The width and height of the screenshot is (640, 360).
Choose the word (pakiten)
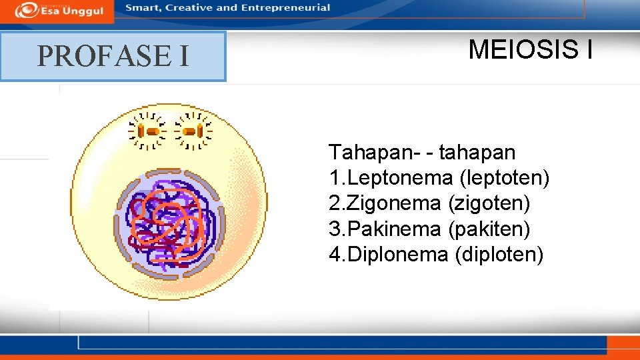490,229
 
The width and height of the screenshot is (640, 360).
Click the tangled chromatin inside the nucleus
169,223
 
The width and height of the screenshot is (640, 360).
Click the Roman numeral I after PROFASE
183,56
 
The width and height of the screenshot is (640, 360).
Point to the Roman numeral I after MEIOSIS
587,49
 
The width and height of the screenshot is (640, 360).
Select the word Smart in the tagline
143,8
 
